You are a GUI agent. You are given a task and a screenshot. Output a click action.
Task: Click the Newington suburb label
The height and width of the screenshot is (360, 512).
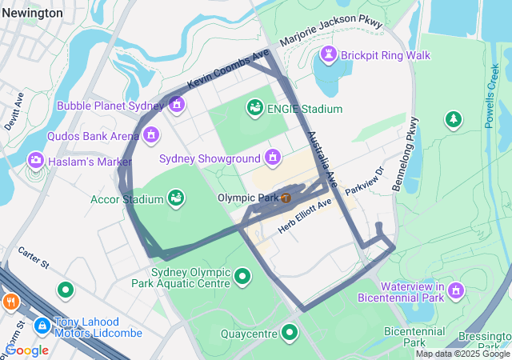point(31,13)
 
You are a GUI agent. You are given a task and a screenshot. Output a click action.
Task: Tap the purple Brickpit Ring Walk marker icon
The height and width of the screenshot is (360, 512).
point(328,54)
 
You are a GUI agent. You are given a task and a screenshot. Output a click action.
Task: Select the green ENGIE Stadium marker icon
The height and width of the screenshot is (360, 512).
point(255,108)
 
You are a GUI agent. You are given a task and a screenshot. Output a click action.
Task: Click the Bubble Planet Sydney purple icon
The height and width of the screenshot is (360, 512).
point(177,105)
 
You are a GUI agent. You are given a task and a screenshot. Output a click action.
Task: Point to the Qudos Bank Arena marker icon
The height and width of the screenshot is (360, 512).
point(150,134)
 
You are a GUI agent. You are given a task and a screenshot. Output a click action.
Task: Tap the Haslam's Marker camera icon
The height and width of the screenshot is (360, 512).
point(35,161)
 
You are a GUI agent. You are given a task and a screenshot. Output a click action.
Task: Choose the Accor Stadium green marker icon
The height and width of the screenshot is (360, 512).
point(175,198)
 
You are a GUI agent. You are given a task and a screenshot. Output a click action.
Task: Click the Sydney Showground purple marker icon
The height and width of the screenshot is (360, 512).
point(273,158)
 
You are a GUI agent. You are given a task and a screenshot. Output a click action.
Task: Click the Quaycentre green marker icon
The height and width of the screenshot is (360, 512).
point(290,331)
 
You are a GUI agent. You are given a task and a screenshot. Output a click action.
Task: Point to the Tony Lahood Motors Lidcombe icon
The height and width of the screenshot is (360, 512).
point(42,326)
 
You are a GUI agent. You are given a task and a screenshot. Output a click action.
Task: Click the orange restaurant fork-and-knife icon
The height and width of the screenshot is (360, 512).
point(10,302)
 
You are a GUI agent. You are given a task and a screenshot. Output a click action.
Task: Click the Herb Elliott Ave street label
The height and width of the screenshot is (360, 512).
point(305,217)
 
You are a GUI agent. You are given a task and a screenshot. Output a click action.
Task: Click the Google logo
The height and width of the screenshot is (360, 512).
point(26,350)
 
